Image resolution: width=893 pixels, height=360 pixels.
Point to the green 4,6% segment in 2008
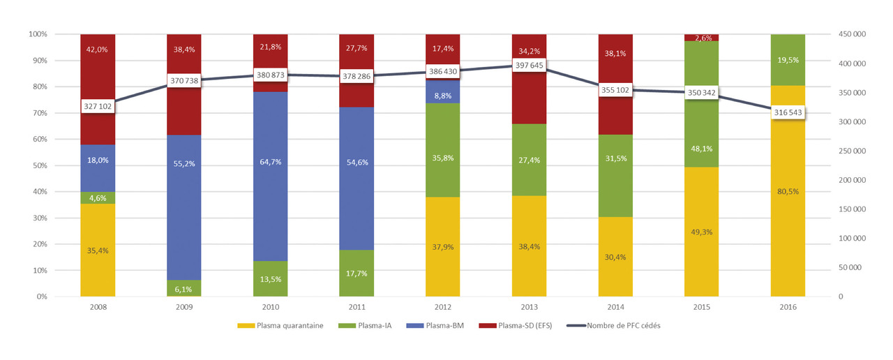pyautogui.click(x=98, y=197)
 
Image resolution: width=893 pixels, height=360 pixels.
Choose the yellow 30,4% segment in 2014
pyautogui.click(x=615, y=256)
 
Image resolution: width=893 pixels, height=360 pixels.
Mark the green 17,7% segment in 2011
pyautogui.click(x=357, y=273)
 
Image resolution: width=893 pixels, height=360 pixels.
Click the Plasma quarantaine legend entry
pyautogui.click(x=283, y=325)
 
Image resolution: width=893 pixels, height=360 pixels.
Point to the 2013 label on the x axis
pyautogui.click(x=529, y=306)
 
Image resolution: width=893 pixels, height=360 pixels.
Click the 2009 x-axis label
pyautogui.click(x=184, y=306)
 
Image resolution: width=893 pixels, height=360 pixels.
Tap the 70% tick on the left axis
pyautogui.click(x=38, y=113)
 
